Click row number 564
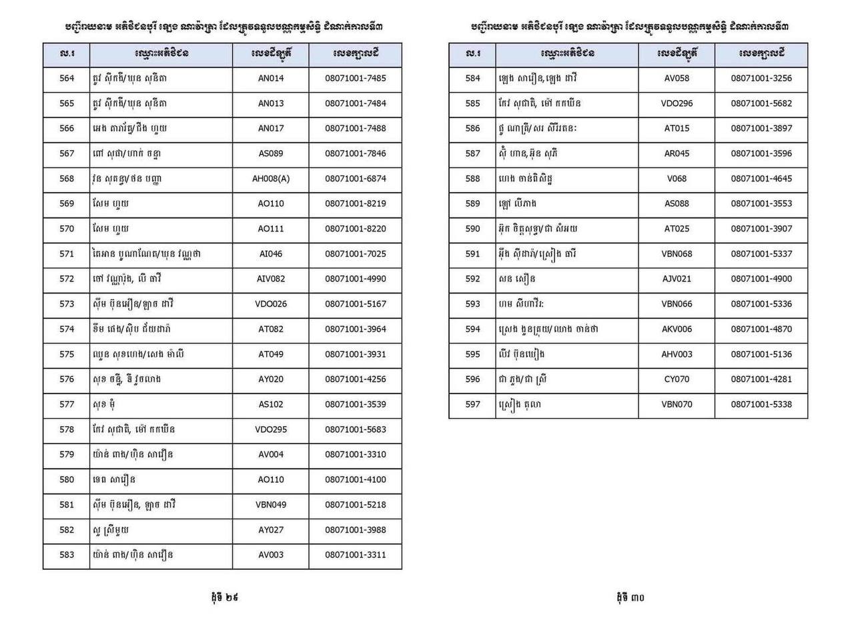[x=67, y=78]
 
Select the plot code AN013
[x=271, y=103]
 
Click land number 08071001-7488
[x=356, y=128]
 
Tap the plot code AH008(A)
[x=271, y=178]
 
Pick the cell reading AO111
[x=271, y=228]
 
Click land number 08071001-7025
[x=356, y=253]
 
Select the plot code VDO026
[x=271, y=303]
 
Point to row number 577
[x=67, y=404]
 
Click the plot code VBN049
[x=271, y=504]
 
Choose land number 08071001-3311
[x=356, y=554]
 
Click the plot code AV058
[x=677, y=78]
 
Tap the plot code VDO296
[x=677, y=103]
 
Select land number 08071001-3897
[x=761, y=128]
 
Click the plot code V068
[x=677, y=178]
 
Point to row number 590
[x=472, y=228]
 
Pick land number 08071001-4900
[x=761, y=278]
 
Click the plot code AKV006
[x=677, y=329]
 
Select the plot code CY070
[x=677, y=379]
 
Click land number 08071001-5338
[x=761, y=404]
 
